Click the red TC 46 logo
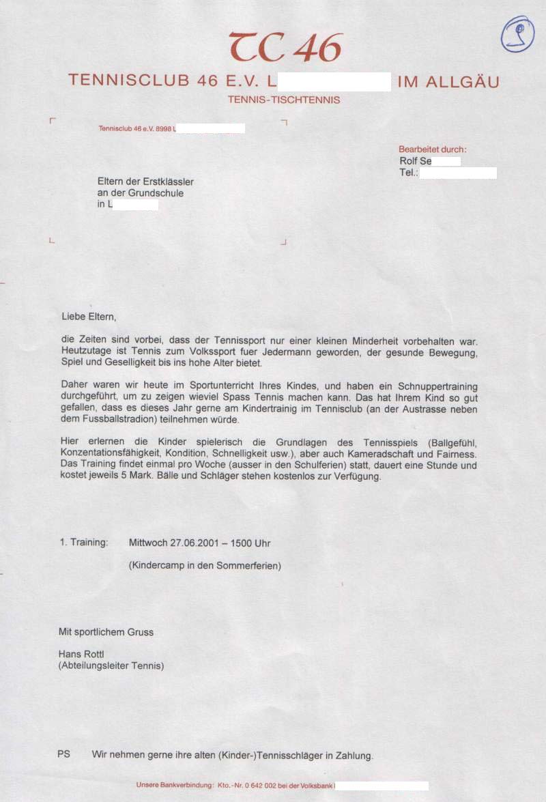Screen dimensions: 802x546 [x=285, y=47]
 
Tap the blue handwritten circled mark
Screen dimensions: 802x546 [x=517, y=34]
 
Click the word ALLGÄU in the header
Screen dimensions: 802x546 [x=462, y=82]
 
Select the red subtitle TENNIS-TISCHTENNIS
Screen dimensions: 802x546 [x=284, y=100]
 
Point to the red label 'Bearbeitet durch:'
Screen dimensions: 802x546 [x=433, y=149]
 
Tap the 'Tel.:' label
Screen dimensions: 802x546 [x=408, y=173]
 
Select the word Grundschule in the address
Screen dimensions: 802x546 [x=159, y=193]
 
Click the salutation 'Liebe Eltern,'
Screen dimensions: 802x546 [x=89, y=317]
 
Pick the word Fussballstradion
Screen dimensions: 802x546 [x=94, y=419]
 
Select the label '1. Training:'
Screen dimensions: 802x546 [x=84, y=543]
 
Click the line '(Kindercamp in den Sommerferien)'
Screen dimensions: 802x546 [x=205, y=566]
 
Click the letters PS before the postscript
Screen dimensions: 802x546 [x=63, y=756]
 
